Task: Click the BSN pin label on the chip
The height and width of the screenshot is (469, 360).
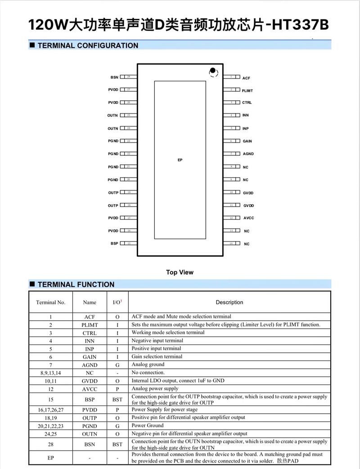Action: [114, 77]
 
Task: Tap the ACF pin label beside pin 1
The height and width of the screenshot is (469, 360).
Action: [246, 78]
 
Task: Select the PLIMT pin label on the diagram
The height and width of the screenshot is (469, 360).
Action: [247, 91]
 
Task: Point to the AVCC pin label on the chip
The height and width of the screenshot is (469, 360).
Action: [249, 218]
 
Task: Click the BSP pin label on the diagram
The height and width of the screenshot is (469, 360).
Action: [114, 244]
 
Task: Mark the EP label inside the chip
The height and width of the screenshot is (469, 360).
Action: [180, 160]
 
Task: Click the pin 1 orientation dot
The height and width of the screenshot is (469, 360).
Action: [212, 71]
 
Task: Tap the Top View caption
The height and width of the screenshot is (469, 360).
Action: [180, 272]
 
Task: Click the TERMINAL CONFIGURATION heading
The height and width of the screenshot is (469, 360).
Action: [88, 45]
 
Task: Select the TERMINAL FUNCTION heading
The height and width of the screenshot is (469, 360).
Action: [76, 284]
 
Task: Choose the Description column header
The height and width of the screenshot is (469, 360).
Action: [229, 302]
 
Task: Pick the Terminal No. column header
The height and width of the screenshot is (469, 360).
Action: [50, 302]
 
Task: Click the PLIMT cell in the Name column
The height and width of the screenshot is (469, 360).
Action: [90, 325]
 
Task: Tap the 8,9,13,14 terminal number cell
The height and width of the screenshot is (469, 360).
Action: [50, 373]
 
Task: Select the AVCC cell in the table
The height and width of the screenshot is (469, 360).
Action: [90, 389]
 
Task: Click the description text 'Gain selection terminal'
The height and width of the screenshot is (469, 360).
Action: [157, 357]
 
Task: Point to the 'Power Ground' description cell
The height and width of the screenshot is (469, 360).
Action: [148, 425]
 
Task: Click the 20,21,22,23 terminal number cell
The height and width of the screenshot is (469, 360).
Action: [50, 426]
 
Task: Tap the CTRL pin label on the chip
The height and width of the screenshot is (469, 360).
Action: [247, 103]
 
